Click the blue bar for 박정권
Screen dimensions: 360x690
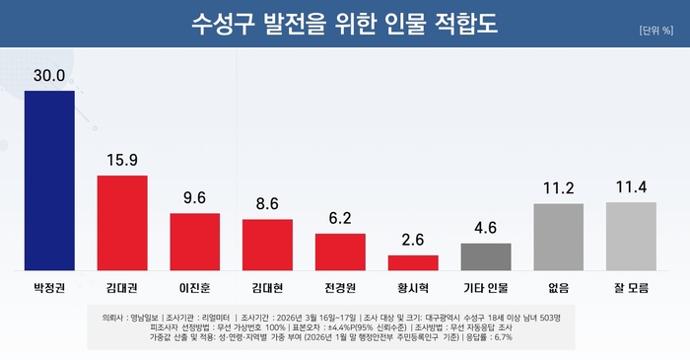(x=49, y=180)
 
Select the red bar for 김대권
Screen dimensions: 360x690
(x=122, y=223)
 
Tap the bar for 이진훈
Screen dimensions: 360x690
(x=194, y=242)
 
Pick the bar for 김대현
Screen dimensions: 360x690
(x=267, y=245)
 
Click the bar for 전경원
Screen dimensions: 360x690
(x=340, y=252)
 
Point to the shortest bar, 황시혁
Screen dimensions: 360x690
(x=413, y=262)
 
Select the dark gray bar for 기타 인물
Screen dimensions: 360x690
(x=486, y=256)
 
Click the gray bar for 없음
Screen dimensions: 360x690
(x=558, y=237)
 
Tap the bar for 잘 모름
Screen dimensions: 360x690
(x=631, y=236)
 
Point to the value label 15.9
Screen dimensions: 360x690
(x=122, y=160)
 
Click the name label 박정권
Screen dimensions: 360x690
(x=49, y=289)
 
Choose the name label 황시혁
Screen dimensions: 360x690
(x=413, y=289)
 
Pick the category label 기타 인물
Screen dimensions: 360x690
(x=486, y=289)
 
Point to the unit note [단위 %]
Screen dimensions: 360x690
(x=655, y=29)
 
